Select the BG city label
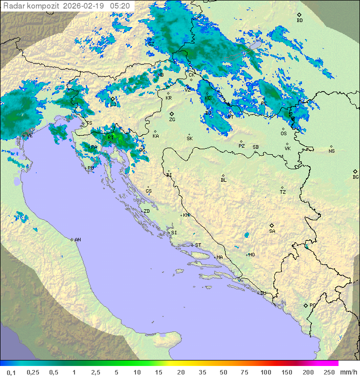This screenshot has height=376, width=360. coord(355,177)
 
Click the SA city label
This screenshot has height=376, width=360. coord(272,231)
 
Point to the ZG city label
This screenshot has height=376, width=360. coord(172,120)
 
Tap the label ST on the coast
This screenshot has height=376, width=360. coord(198,245)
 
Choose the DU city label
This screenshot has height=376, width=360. coord(262,293)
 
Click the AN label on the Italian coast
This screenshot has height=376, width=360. coord(77,240)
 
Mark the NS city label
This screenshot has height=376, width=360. coord(331,151)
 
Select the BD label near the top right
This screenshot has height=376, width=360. coord(299,21)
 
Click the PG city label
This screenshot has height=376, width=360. coord(313,305)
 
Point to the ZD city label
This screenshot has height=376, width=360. coord(146,211)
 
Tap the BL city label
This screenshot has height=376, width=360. coord(223,180)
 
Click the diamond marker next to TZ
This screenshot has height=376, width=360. coord(282,188)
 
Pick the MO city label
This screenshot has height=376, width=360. coord(251,254)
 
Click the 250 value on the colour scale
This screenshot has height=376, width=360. coord(329,372)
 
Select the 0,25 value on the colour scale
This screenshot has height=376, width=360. coord(33,372)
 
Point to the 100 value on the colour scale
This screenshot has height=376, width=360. coord(266,372)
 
